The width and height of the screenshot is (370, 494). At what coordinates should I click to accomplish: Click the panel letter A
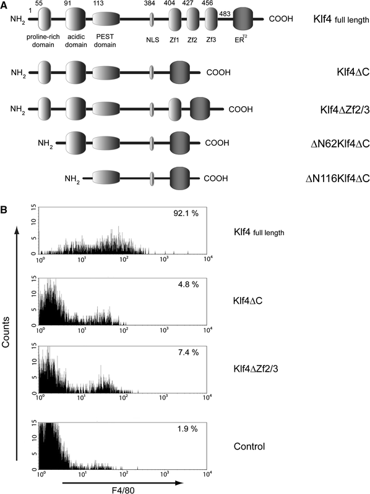click(x=5, y=5)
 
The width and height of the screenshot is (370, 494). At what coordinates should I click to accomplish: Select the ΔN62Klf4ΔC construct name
click(x=338, y=144)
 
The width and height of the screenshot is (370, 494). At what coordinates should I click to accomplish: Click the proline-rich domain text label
click(x=45, y=43)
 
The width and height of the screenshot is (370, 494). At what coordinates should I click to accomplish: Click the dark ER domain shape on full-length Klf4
click(x=243, y=22)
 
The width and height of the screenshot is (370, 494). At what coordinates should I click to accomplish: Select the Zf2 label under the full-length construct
click(x=193, y=38)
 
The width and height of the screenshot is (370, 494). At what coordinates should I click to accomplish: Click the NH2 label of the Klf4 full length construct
click(x=19, y=20)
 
